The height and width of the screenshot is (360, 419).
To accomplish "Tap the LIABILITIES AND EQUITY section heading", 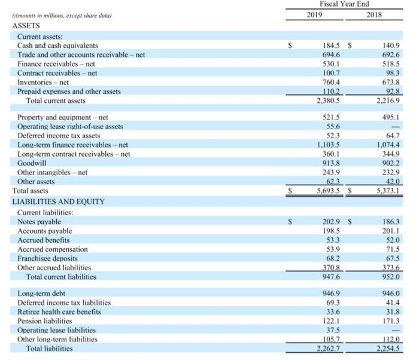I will [x=59, y=201].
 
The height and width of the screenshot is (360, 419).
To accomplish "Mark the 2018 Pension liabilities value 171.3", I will [x=382, y=321].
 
